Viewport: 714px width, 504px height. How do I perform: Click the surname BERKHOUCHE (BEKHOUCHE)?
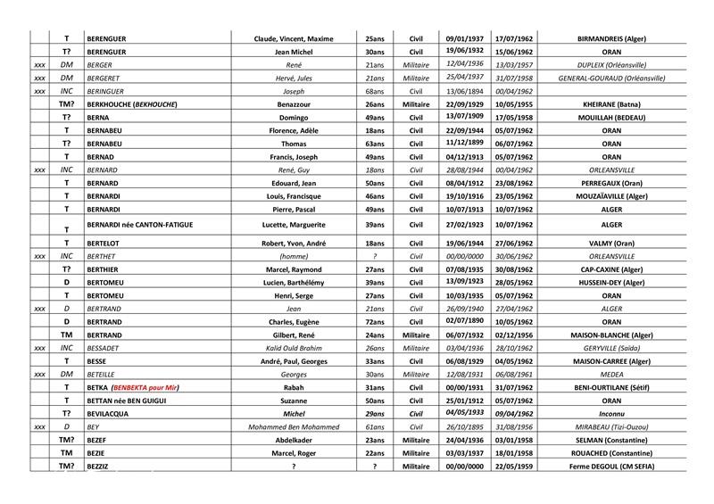130,104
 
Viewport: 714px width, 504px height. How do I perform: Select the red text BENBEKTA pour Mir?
151,388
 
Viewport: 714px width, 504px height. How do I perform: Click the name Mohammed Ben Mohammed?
298,427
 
